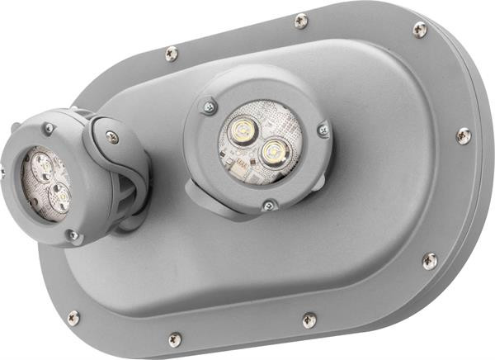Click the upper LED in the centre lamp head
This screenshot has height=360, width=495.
coord(241,130)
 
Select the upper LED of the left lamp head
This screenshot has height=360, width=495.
coord(41,168)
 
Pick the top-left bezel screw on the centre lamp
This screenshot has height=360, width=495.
coord(210,106)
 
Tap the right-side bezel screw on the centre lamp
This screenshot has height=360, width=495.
coord(323,128)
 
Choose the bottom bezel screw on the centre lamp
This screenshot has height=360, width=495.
coord(267,206)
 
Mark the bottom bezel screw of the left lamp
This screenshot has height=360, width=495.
coord(73,236)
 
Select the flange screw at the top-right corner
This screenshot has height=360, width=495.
coord(419,30)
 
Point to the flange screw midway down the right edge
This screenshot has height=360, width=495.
coord(463,134)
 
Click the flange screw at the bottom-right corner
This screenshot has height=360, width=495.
coord(430,261)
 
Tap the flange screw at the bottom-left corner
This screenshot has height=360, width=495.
coord(73,318)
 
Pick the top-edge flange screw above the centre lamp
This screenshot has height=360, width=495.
coord(301,21)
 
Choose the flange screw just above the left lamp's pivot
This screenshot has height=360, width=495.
coord(171,54)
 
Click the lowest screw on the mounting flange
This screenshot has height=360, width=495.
coord(175,339)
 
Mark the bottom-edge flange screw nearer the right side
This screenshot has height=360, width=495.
coord(309,320)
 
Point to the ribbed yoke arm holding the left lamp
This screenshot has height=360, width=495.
coord(127,195)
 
